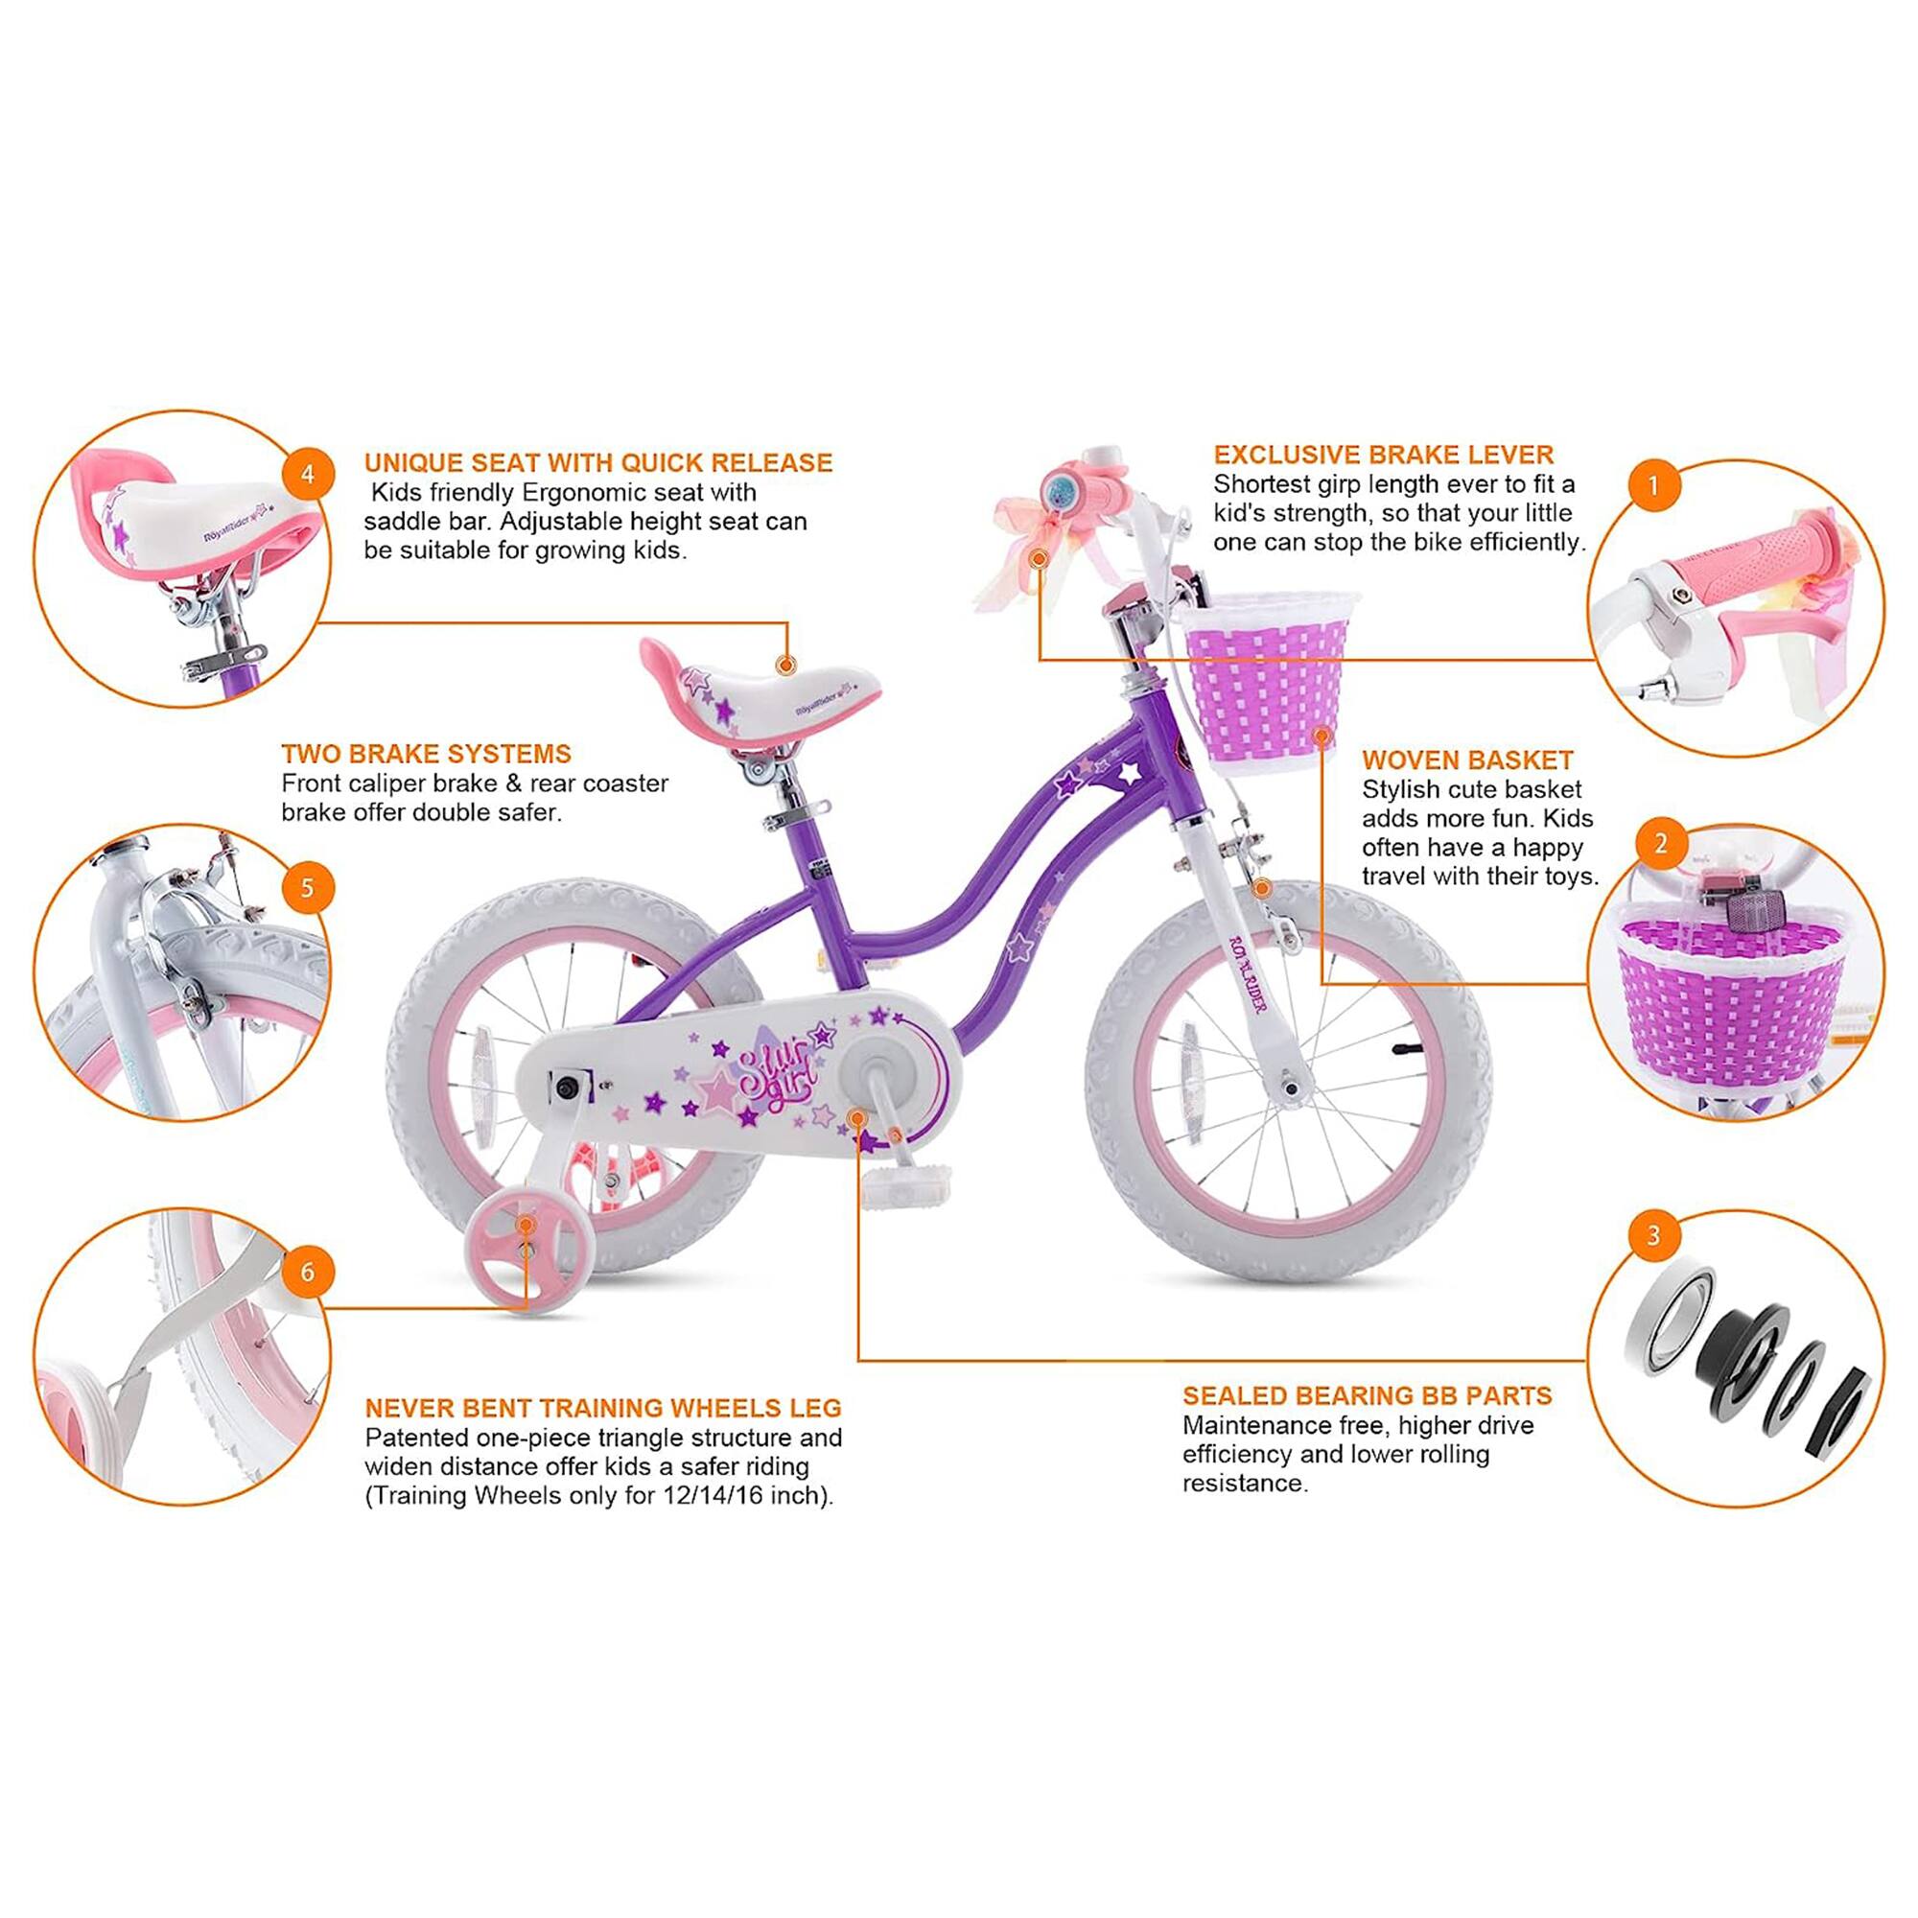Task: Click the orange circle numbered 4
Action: coord(307,475)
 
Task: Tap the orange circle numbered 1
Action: coord(1653,485)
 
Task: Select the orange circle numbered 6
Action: coord(307,1272)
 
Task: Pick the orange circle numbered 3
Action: coord(1653,1236)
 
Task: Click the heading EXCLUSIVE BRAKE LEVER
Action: coord(1383,455)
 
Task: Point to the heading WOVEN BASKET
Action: coord(1467,760)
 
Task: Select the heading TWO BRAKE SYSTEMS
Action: coord(426,754)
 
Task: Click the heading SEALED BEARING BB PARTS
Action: coord(1367,1395)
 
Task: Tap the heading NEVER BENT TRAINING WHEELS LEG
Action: coord(602,1408)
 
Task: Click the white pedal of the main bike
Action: coord(905,1185)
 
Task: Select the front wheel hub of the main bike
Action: coord(1291,1090)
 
